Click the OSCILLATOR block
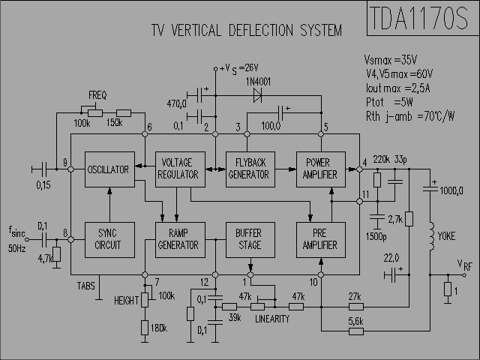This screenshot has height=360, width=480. [x=109, y=169]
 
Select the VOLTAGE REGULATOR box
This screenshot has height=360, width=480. [x=180, y=169]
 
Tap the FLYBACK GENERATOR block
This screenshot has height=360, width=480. [x=250, y=169]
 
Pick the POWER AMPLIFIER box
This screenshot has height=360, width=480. [x=321, y=169]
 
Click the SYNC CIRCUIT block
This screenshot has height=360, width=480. [x=109, y=240]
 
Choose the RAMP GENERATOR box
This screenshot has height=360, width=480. [x=180, y=240]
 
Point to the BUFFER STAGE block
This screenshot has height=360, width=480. [x=250, y=240]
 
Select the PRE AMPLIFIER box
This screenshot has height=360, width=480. [x=321, y=240]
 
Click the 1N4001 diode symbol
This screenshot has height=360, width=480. [x=257, y=95]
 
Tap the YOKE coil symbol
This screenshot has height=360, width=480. [x=431, y=236]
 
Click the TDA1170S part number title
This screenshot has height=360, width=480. [x=418, y=18]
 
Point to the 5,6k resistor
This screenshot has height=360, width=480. [x=356, y=331]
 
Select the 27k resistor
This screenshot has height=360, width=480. [x=356, y=307]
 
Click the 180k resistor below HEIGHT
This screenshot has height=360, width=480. [x=145, y=328]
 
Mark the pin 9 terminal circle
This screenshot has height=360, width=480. [x=70, y=169]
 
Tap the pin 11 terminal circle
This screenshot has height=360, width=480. [x=359, y=202]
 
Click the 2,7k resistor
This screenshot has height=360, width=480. [x=409, y=219]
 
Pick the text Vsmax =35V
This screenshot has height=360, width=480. [x=390, y=60]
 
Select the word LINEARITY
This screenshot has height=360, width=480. [x=272, y=319]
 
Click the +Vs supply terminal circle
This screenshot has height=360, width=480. [x=215, y=69]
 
